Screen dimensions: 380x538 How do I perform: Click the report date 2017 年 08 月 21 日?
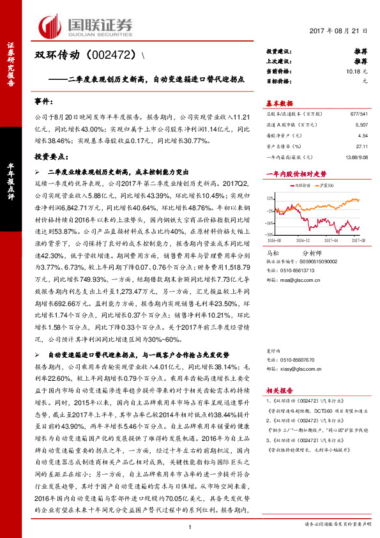tap(338, 31)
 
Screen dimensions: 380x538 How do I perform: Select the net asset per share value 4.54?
tap(362, 136)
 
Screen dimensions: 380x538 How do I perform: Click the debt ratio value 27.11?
tap(361, 146)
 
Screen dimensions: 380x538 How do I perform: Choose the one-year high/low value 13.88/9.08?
tap(353, 156)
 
